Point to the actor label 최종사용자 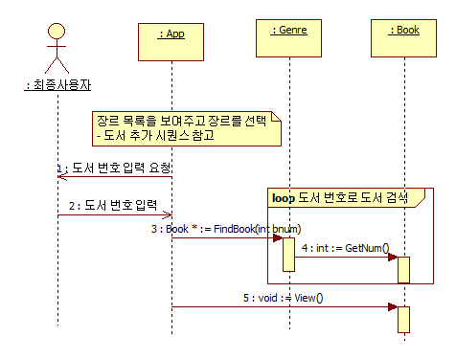59,85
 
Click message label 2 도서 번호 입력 113,205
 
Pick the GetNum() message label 345,248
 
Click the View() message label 283,298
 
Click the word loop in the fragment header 284,198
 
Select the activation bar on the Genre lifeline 288,254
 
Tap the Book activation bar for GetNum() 404,269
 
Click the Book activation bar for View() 404,319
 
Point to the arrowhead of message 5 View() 393,307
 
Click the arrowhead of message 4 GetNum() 393,258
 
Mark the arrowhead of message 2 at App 168,215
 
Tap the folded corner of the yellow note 277,117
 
